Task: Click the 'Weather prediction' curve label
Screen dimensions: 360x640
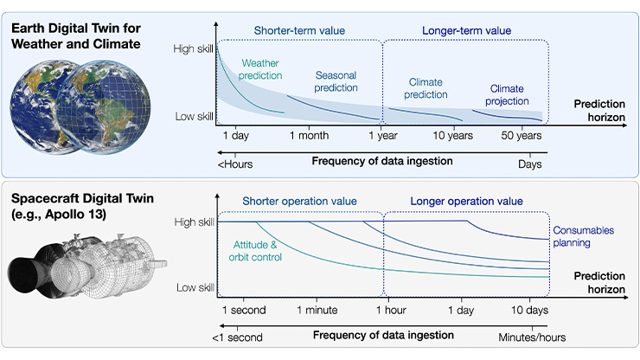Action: pyautogui.click(x=261, y=70)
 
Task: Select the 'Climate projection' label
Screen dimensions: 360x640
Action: pyautogui.click(x=508, y=95)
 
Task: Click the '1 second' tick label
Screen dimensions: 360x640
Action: pyautogui.click(x=244, y=309)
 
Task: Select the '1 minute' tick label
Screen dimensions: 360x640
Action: pyautogui.click(x=317, y=309)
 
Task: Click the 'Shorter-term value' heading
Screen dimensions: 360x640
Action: pyautogui.click(x=299, y=31)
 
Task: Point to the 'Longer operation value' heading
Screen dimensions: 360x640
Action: pyautogui.click(x=467, y=201)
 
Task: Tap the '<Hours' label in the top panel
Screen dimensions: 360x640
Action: pyautogui.click(x=230, y=163)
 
